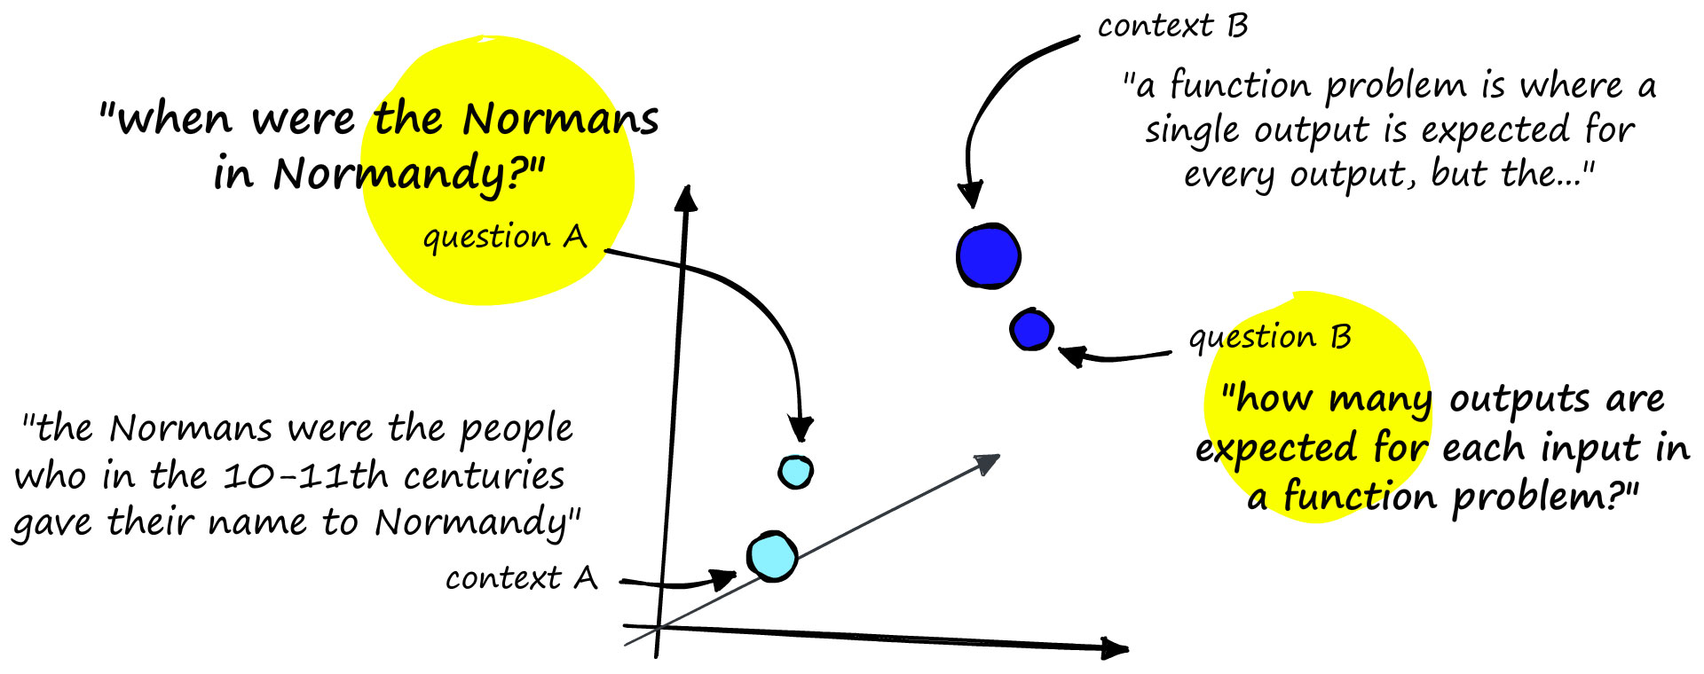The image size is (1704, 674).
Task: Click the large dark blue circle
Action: coord(988,255)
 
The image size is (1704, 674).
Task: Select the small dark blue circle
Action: coord(1031,330)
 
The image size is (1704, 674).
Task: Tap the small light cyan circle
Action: coord(795,472)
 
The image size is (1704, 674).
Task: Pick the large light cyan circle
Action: coord(772,556)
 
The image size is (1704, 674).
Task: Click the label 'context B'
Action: coord(1172,27)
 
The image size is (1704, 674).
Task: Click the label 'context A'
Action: coord(521,579)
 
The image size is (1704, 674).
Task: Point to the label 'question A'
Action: coord(505,238)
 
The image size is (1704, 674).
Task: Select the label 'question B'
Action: coord(1270,338)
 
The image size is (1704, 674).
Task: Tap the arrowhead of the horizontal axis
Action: coord(1115,648)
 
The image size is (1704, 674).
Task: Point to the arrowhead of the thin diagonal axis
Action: coord(989,463)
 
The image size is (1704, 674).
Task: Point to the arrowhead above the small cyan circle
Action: coord(801,429)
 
